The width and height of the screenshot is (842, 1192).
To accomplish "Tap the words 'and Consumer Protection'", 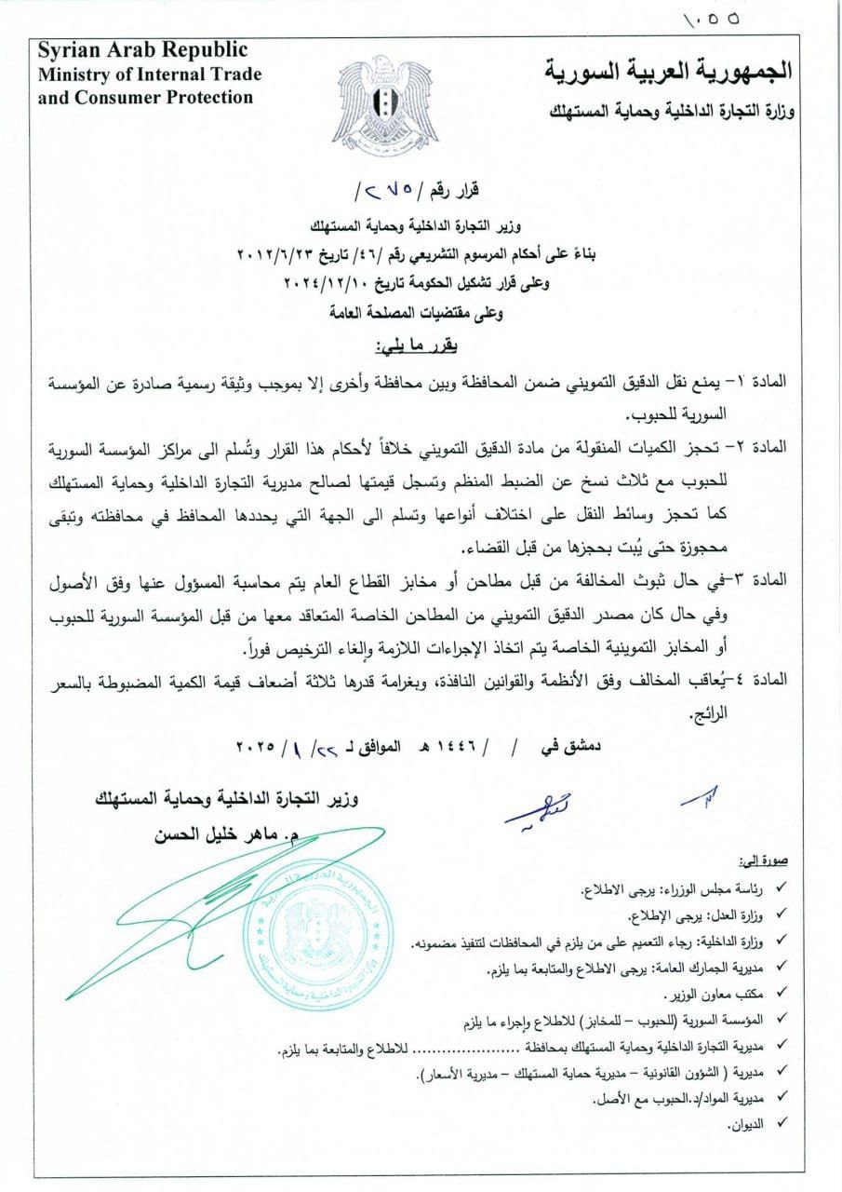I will (x=144, y=96).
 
